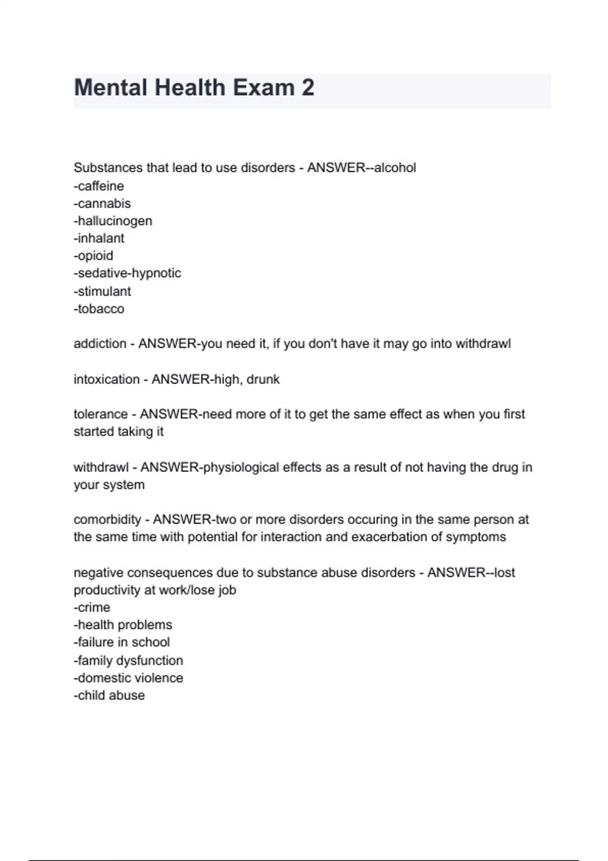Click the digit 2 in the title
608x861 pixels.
pyautogui.click(x=308, y=88)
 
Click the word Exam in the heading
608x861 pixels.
pyautogui.click(x=263, y=88)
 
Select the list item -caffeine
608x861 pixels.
pyautogui.click(x=99, y=186)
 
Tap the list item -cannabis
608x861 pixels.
pyautogui.click(x=102, y=204)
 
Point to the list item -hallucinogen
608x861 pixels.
pyautogui.click(x=113, y=221)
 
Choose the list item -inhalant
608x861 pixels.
pyautogui.click(x=99, y=238)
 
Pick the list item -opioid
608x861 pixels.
pyautogui.click(x=93, y=256)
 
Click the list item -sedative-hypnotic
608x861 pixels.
pyautogui.click(x=127, y=273)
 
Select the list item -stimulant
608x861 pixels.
pyautogui.click(x=102, y=291)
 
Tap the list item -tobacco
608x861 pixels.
pyautogui.click(x=99, y=308)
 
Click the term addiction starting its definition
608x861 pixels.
pyautogui.click(x=100, y=344)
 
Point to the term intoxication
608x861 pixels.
pyautogui.click(x=106, y=379)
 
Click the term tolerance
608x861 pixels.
pyautogui.click(x=100, y=414)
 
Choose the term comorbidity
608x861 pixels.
pyautogui.click(x=107, y=520)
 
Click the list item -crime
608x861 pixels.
pyautogui.click(x=92, y=607)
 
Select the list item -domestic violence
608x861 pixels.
pyautogui.click(x=128, y=678)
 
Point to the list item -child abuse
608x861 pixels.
pyautogui.click(x=109, y=695)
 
